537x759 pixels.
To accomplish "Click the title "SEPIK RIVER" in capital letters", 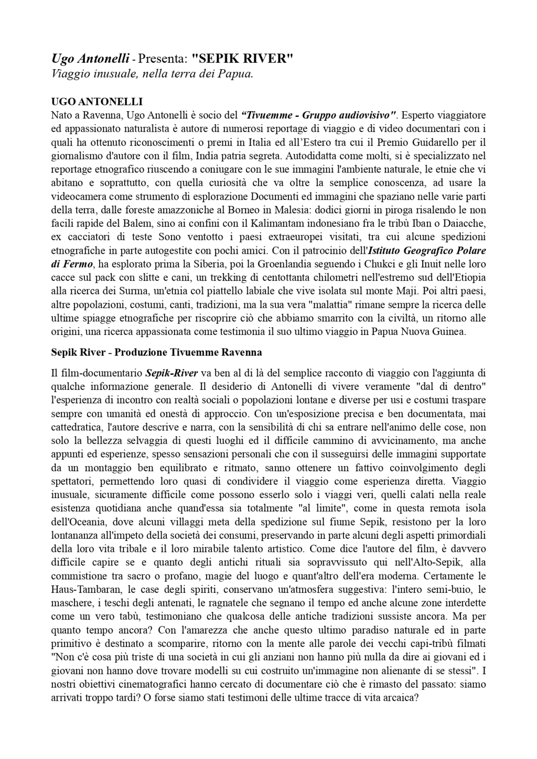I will pos(242,59).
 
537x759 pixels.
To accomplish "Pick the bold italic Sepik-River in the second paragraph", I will pos(171,374).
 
